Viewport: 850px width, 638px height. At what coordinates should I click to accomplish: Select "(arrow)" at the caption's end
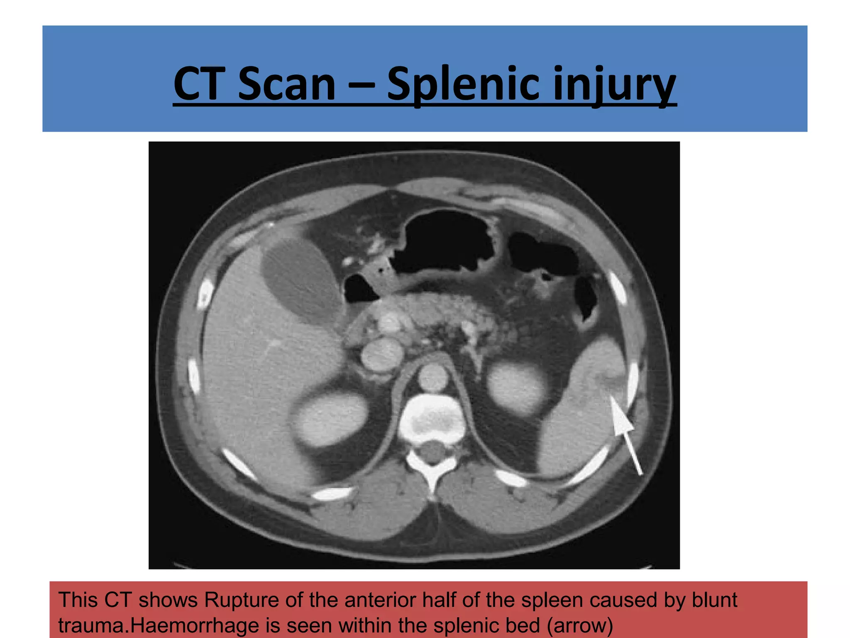580,626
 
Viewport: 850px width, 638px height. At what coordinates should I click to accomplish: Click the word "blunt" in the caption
714,600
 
